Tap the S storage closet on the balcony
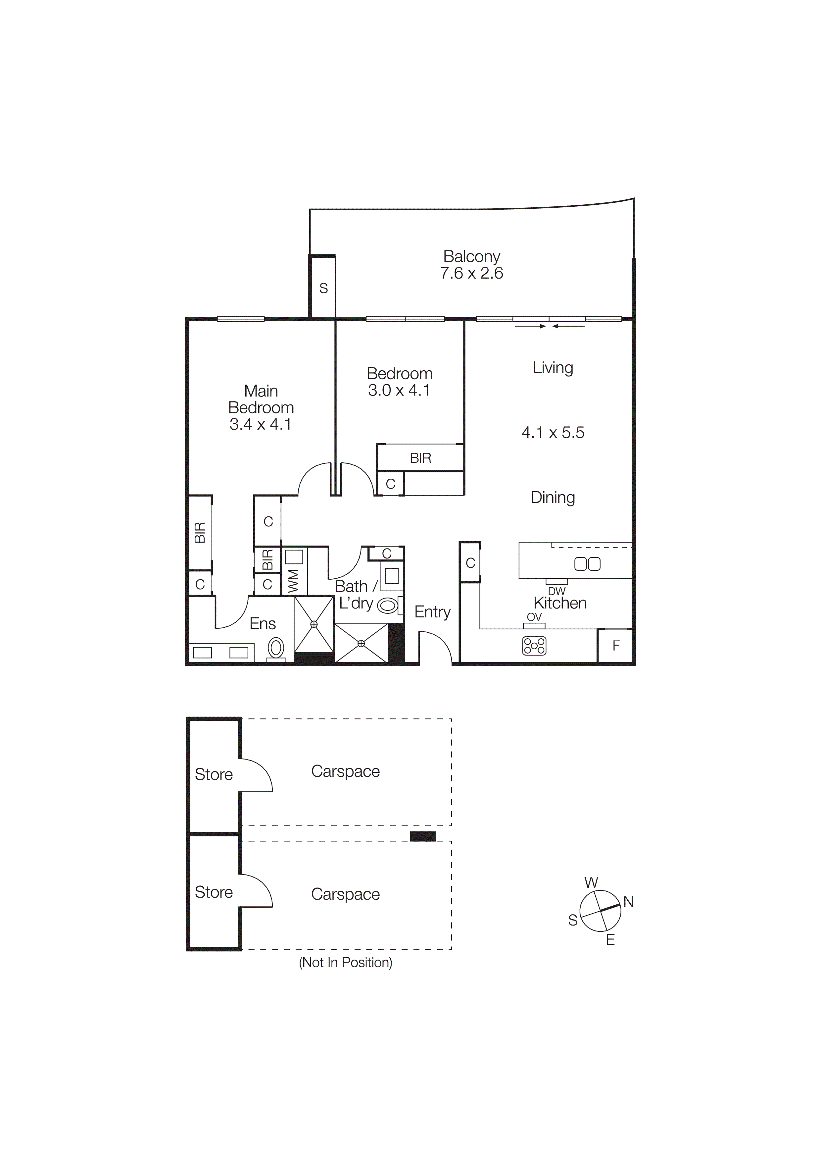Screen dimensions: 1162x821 (323, 288)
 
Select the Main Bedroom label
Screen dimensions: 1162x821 (261, 399)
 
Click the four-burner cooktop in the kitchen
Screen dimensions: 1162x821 (534, 646)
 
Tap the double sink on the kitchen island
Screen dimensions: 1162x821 (587, 564)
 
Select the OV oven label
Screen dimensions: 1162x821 (534, 617)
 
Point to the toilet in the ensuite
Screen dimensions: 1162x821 (276, 647)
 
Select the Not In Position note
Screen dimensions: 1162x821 (346, 962)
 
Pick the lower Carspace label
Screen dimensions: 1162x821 (346, 894)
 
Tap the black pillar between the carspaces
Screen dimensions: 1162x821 (422, 837)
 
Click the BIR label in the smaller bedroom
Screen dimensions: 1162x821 (420, 458)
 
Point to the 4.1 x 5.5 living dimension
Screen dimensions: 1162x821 (553, 432)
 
